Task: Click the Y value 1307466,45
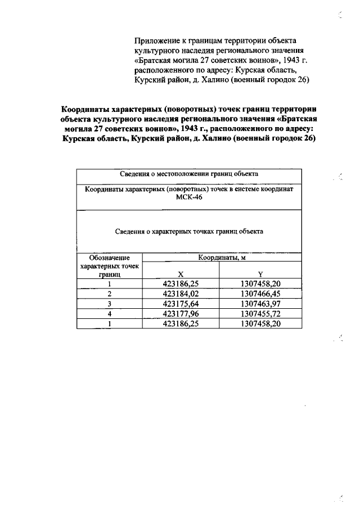260,294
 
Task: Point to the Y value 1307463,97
260,304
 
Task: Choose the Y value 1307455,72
260,314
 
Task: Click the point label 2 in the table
110,294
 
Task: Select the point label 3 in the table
110,304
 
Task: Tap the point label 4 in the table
110,314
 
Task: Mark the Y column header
260,275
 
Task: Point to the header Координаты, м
221,258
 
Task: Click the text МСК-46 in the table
189,199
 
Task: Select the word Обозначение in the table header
110,258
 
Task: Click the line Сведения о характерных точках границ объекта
189,231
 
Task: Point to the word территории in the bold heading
293,109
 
